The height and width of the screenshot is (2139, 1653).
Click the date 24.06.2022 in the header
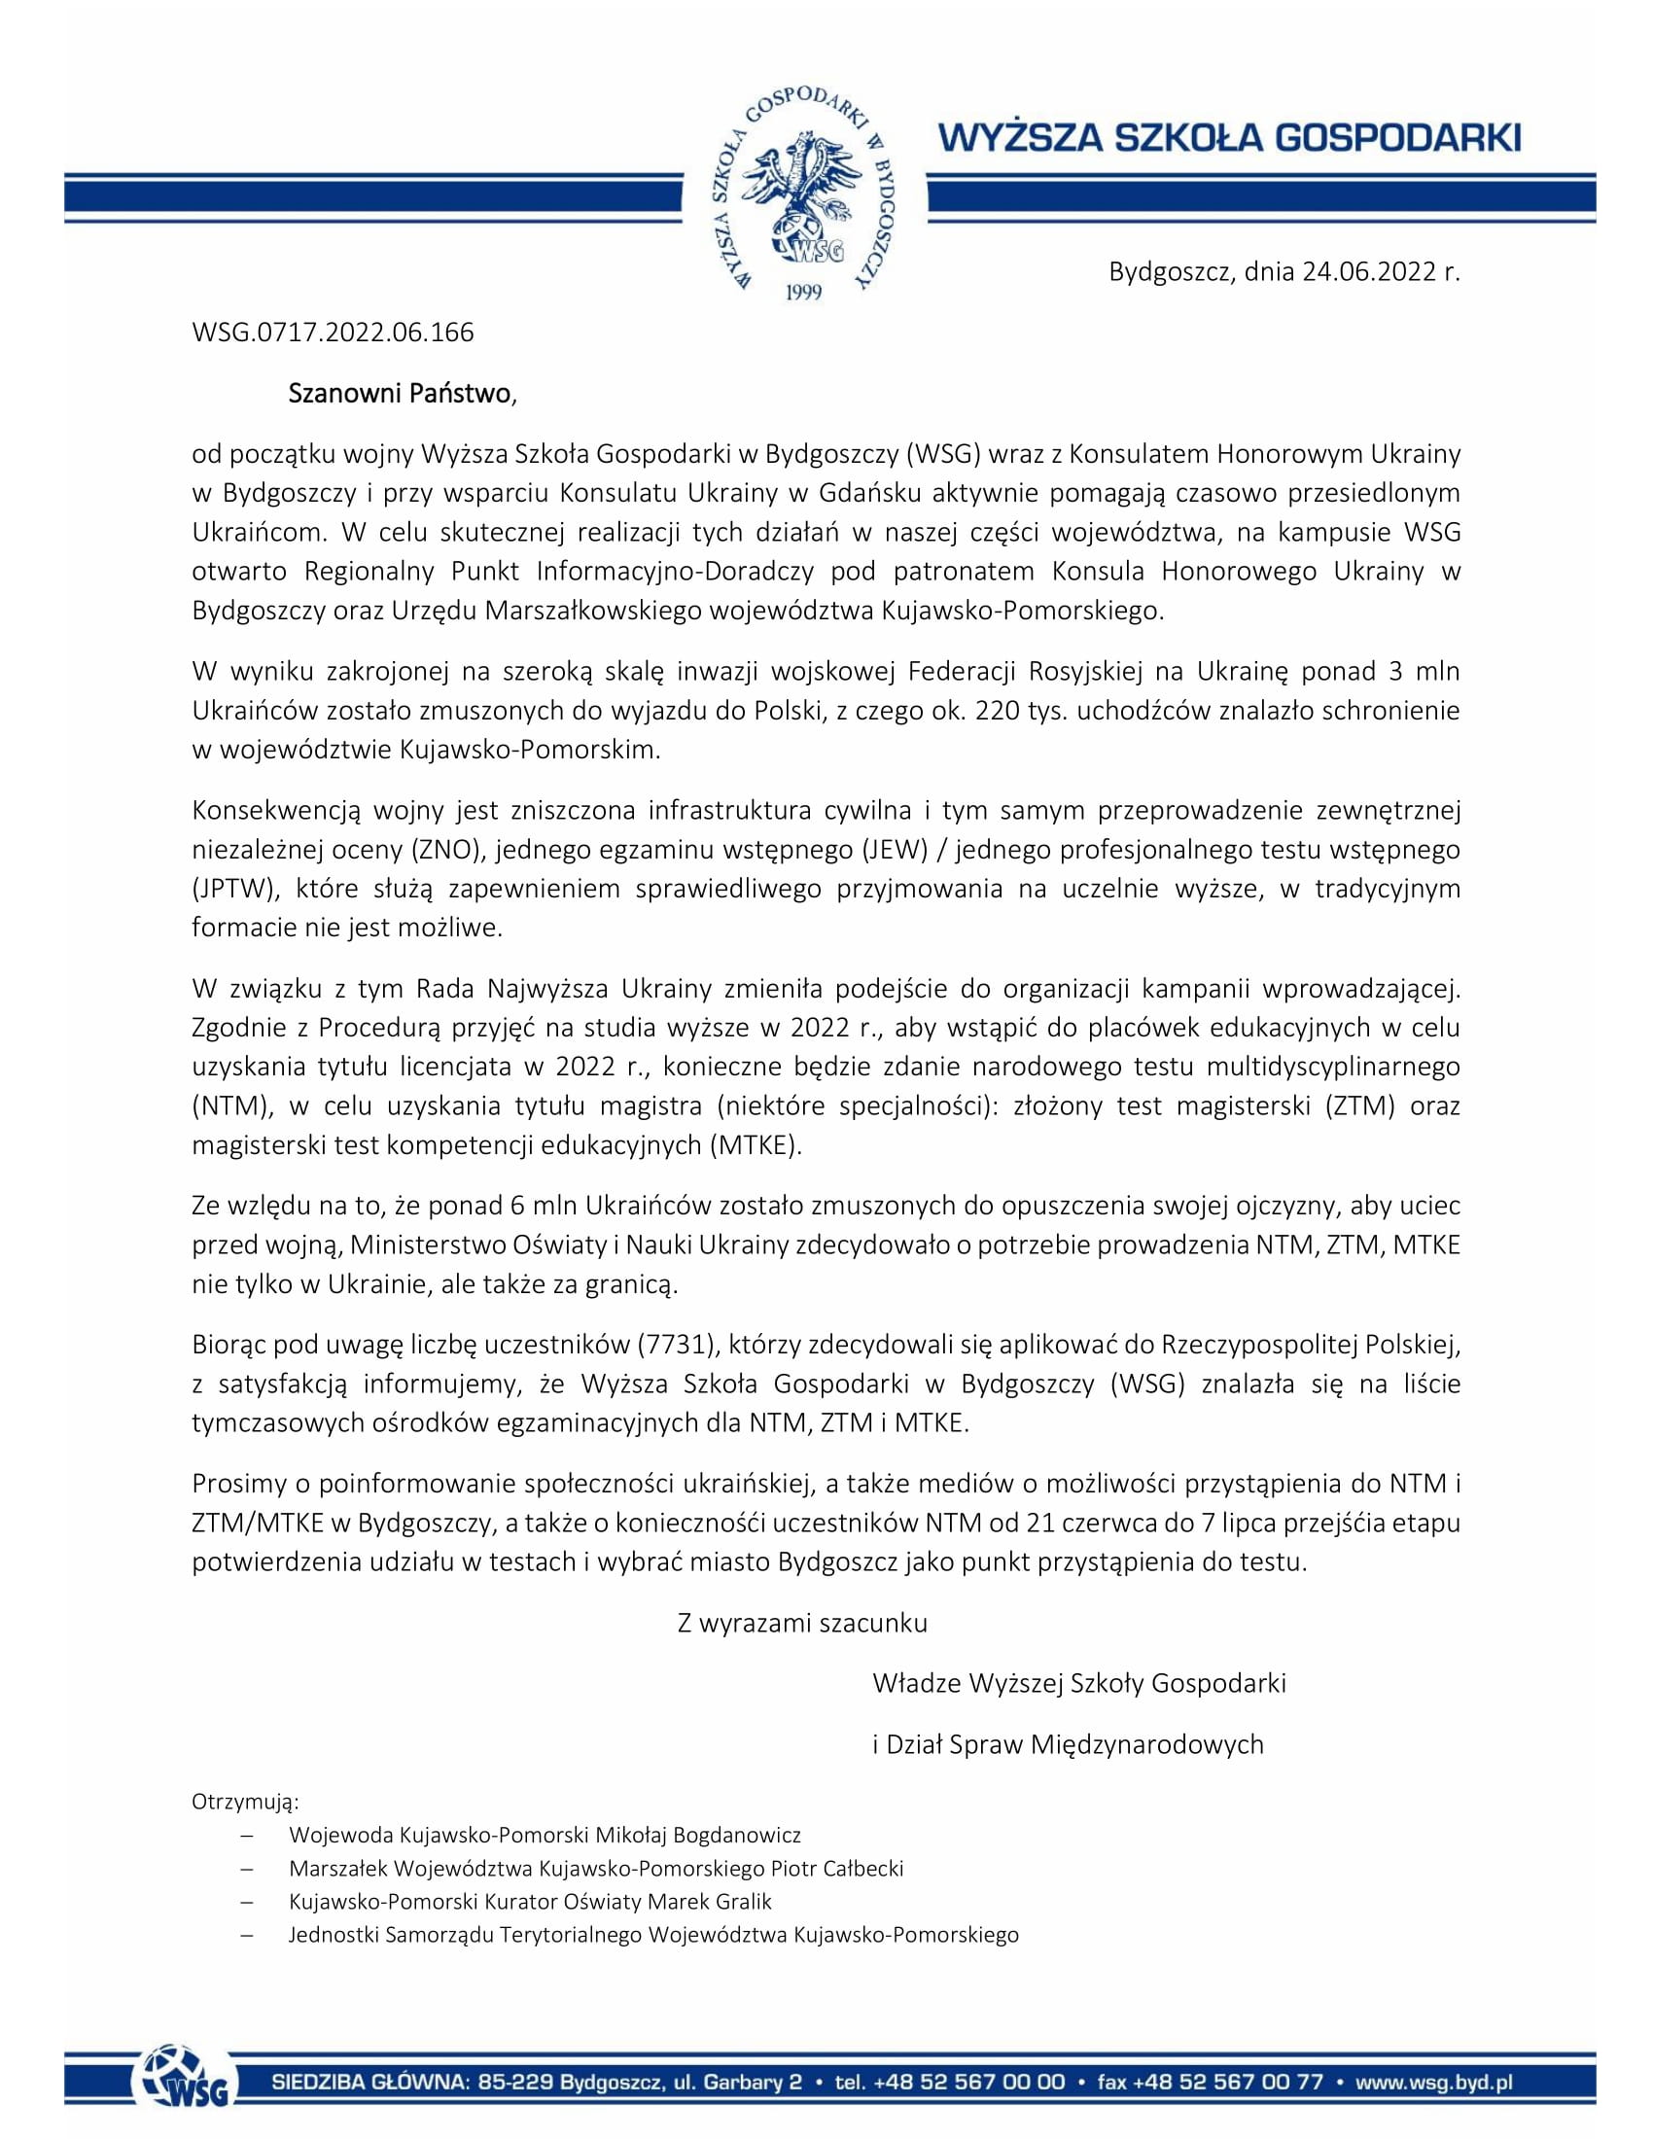[1368, 272]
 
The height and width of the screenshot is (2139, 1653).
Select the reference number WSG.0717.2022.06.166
[333, 333]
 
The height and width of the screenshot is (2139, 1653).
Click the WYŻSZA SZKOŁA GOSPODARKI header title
[1230, 138]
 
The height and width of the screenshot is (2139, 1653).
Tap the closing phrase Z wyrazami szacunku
[802, 1623]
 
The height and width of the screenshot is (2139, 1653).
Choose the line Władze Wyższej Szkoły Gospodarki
[1078, 1684]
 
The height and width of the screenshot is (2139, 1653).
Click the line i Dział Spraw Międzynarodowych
[1068, 1744]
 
